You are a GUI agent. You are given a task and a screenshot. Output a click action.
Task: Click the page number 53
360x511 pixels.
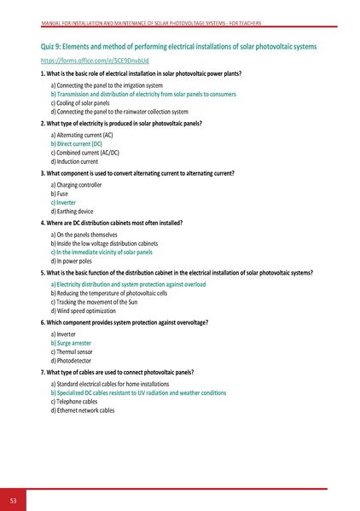14,499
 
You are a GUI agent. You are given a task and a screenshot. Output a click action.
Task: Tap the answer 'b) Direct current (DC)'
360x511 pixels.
76,145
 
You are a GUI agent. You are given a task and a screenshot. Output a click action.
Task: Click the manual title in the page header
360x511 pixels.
180,23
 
